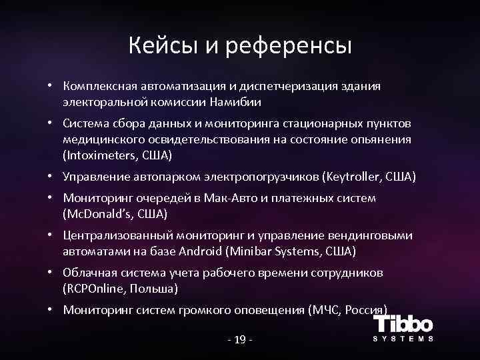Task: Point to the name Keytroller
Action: pyautogui.click(x=354, y=177)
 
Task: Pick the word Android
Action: pyautogui.click(x=201, y=251)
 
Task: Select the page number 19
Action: pyautogui.click(x=241, y=340)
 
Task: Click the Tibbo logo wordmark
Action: pyautogui.click(x=403, y=325)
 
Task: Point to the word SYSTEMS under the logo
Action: pyautogui.click(x=403, y=339)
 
